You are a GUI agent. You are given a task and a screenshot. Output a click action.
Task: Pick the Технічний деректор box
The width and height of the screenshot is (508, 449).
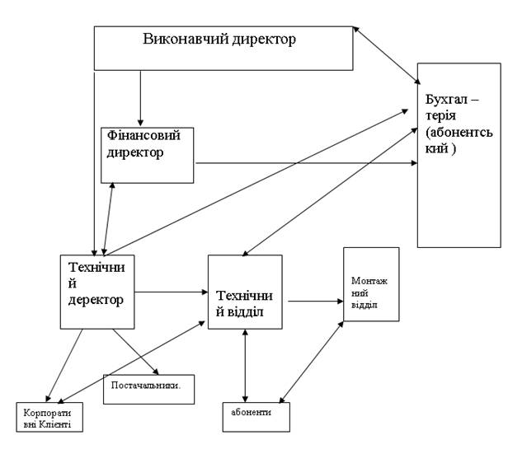coord(97,292)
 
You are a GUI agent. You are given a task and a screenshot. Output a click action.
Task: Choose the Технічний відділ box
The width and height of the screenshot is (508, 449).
coord(244,292)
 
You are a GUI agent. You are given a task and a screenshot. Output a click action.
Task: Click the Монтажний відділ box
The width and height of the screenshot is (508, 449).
coord(371,284)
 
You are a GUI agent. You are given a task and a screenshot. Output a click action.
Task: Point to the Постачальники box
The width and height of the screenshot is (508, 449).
coord(148,388)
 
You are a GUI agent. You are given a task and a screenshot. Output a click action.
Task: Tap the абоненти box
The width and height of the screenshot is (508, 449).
coord(256,416)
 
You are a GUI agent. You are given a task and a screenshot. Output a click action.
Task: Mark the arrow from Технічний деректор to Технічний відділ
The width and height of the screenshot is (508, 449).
coord(171,291)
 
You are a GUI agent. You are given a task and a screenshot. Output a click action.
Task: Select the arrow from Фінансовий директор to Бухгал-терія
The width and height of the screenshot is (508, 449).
coord(305,163)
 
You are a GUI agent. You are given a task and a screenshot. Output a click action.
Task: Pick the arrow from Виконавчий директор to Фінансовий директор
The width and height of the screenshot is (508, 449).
coord(141,97)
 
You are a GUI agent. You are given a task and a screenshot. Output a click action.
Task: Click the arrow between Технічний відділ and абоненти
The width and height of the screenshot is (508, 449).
coord(245,365)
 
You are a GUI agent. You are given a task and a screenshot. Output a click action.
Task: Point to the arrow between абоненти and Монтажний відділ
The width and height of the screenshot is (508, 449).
coord(312,362)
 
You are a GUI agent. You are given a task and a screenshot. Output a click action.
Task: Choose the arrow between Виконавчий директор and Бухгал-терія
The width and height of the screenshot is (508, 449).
coord(386,55)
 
